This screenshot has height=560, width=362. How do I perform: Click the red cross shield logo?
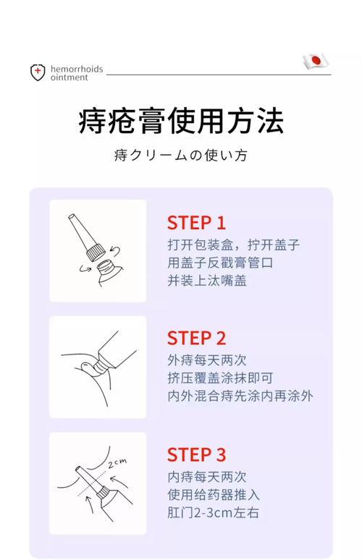point(38,72)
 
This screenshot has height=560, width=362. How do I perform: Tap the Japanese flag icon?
point(315,62)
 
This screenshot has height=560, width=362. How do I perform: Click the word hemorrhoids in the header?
point(77,69)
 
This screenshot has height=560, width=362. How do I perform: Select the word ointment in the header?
point(69,78)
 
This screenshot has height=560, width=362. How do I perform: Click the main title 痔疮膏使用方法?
point(180,121)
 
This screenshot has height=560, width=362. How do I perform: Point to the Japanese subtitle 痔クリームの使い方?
point(180,155)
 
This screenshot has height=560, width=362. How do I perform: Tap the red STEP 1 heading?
point(196,222)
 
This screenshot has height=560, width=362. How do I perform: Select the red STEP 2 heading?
point(196,338)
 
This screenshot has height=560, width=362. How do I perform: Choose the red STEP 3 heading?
point(196,454)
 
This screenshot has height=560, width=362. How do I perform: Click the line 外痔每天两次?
point(206,360)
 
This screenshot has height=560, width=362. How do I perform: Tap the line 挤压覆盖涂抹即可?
point(220,378)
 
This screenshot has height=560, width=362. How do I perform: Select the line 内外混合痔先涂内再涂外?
point(240,396)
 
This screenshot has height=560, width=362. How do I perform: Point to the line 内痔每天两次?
point(206,477)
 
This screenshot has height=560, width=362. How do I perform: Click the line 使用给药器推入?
point(213,495)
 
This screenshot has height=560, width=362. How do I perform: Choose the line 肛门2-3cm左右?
point(213,514)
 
